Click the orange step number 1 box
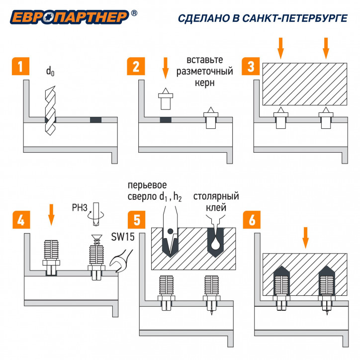(20, 66)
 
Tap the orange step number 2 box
(136, 66)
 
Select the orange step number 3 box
(251, 66)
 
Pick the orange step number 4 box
(21, 220)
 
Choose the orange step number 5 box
(137, 220)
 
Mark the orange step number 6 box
(252, 220)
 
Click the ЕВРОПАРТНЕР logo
(69, 17)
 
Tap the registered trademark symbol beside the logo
(134, 13)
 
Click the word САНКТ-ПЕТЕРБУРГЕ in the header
(295, 18)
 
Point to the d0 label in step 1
(50, 71)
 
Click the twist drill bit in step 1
(50, 110)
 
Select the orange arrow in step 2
(165, 68)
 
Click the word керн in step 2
(204, 83)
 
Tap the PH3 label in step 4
(80, 207)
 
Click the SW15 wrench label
(123, 237)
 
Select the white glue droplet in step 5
(216, 244)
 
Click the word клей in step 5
(216, 207)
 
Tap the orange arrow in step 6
(305, 238)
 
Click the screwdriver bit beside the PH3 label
(96, 214)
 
